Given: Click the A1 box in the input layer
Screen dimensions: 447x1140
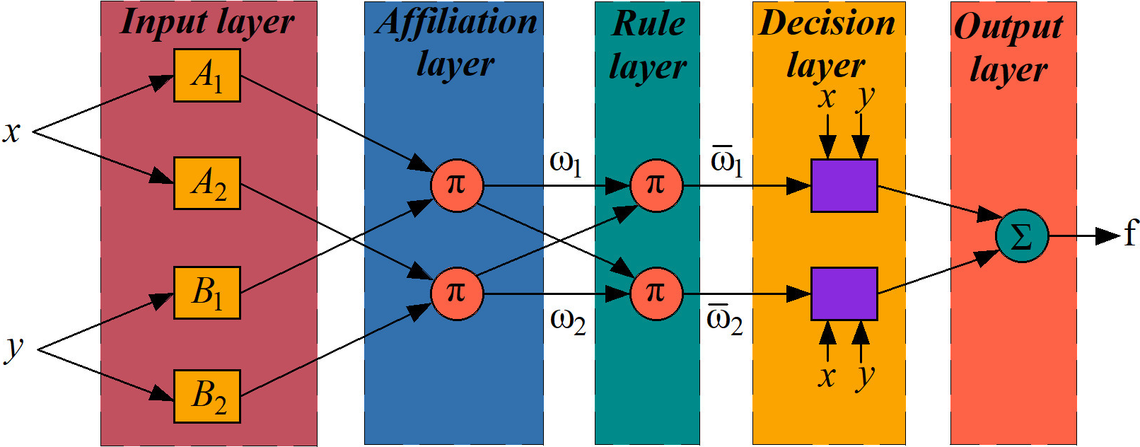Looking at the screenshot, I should click(x=207, y=75).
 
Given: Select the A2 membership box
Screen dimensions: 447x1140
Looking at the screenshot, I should click(x=207, y=183).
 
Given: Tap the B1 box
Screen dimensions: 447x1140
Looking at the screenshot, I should click(x=207, y=292).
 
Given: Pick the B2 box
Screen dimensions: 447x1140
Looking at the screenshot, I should click(x=207, y=396).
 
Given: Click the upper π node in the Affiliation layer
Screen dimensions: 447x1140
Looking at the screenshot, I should click(x=457, y=185).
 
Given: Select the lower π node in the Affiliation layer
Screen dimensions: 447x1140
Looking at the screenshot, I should click(x=457, y=293).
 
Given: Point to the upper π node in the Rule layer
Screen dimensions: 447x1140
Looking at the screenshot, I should click(x=656, y=185).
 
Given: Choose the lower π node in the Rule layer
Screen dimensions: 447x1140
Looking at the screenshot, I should click(x=656, y=293).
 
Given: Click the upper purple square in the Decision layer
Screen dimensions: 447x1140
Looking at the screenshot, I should click(x=844, y=185).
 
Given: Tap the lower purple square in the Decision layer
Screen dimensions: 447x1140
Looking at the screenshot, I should click(x=844, y=294).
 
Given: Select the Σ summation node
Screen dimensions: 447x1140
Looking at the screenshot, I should click(x=1021, y=236).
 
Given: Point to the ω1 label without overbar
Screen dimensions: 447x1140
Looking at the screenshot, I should click(x=566, y=163).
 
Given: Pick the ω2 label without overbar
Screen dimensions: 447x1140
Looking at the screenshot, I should click(x=568, y=321).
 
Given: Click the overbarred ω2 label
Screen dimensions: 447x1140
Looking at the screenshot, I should click(x=725, y=320).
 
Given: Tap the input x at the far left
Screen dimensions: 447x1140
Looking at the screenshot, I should click(x=11, y=132).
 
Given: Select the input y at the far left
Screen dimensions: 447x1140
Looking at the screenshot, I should click(x=14, y=348).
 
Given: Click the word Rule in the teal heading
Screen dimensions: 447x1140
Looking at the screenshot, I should click(x=648, y=24).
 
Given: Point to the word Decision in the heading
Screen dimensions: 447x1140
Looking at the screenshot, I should click(x=827, y=23).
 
